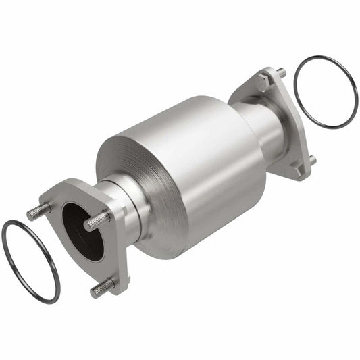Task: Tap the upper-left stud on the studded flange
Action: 37,213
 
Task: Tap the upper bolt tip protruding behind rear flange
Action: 282,72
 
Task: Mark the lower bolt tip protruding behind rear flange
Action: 312,160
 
